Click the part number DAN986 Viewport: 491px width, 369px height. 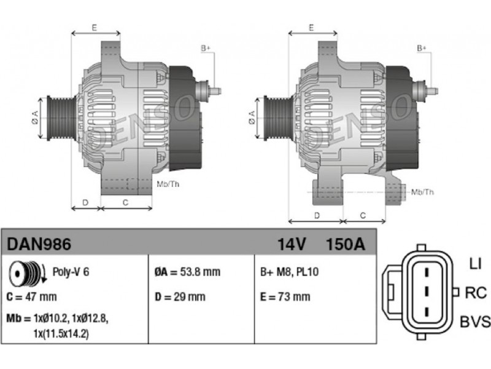[x=39, y=244]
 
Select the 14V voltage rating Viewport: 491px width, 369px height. [x=291, y=244]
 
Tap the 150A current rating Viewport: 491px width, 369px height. [x=346, y=244]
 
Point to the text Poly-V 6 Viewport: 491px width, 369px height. [x=71, y=272]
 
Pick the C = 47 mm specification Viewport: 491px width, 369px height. [x=32, y=296]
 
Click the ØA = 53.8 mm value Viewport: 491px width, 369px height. [x=187, y=272]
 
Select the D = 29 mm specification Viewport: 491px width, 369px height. [x=180, y=296]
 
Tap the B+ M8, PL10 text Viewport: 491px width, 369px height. [x=289, y=272]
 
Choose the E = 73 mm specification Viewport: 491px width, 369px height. [x=285, y=296]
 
